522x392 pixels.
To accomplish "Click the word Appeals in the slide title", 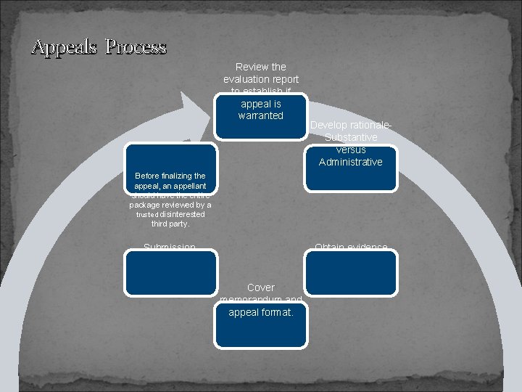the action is coord(65,47).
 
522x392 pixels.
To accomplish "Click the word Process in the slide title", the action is coord(136,47).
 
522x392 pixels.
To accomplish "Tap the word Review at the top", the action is coord(251,67).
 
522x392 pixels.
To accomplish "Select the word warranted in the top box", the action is coord(261,116).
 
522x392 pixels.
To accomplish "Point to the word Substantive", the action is coord(351,137).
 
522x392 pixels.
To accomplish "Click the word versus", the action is coord(351,150).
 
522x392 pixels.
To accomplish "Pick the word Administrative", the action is coord(351,162).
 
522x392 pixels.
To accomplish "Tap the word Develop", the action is coord(328,125).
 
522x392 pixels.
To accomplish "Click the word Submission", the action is coord(170,248).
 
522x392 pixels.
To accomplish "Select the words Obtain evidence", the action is coord(351,248).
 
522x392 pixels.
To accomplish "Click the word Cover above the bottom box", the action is coord(261,288).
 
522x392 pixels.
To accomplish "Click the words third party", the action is coord(170,224).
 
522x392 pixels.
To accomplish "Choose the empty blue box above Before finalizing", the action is coord(170,159).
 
